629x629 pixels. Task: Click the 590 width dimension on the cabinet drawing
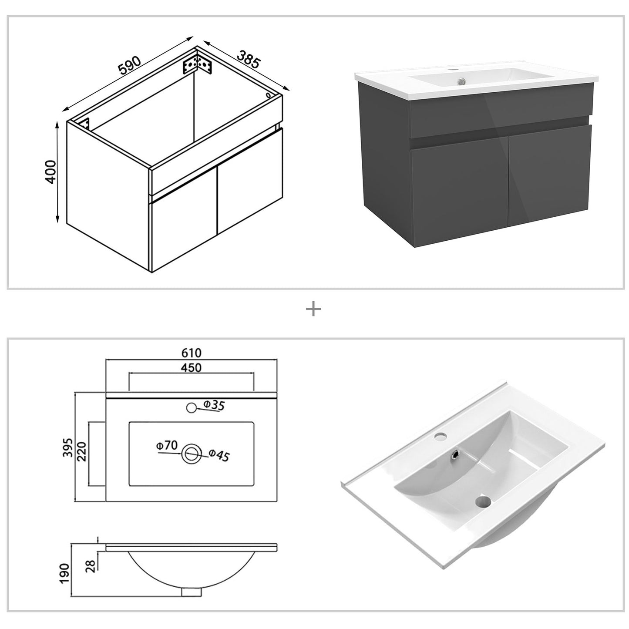[x=129, y=64]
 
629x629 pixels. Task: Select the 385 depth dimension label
[x=249, y=59]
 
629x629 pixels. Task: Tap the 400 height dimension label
[x=51, y=172]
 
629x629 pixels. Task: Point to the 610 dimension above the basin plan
[x=192, y=352]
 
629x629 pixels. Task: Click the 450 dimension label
[x=192, y=368]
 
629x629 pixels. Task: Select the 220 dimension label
[x=82, y=451]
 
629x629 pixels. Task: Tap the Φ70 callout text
[x=167, y=445]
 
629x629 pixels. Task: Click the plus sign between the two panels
[x=313, y=309]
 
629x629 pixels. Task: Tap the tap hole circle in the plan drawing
[x=191, y=408]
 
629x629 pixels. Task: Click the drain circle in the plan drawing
[x=191, y=454]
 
